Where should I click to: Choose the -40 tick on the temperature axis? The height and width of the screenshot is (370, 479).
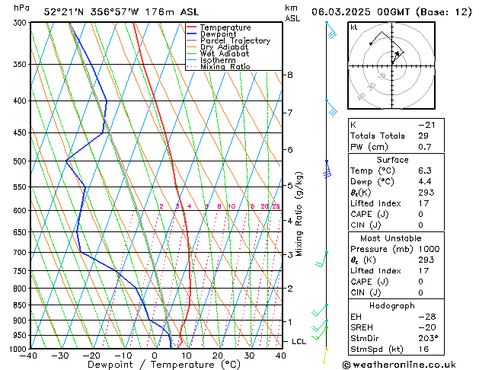29,356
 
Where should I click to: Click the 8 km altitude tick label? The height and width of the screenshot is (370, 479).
289,75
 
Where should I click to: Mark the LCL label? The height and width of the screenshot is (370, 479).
299,342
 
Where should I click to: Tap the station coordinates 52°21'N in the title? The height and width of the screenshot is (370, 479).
64,11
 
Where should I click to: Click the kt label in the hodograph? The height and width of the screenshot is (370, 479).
353,27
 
